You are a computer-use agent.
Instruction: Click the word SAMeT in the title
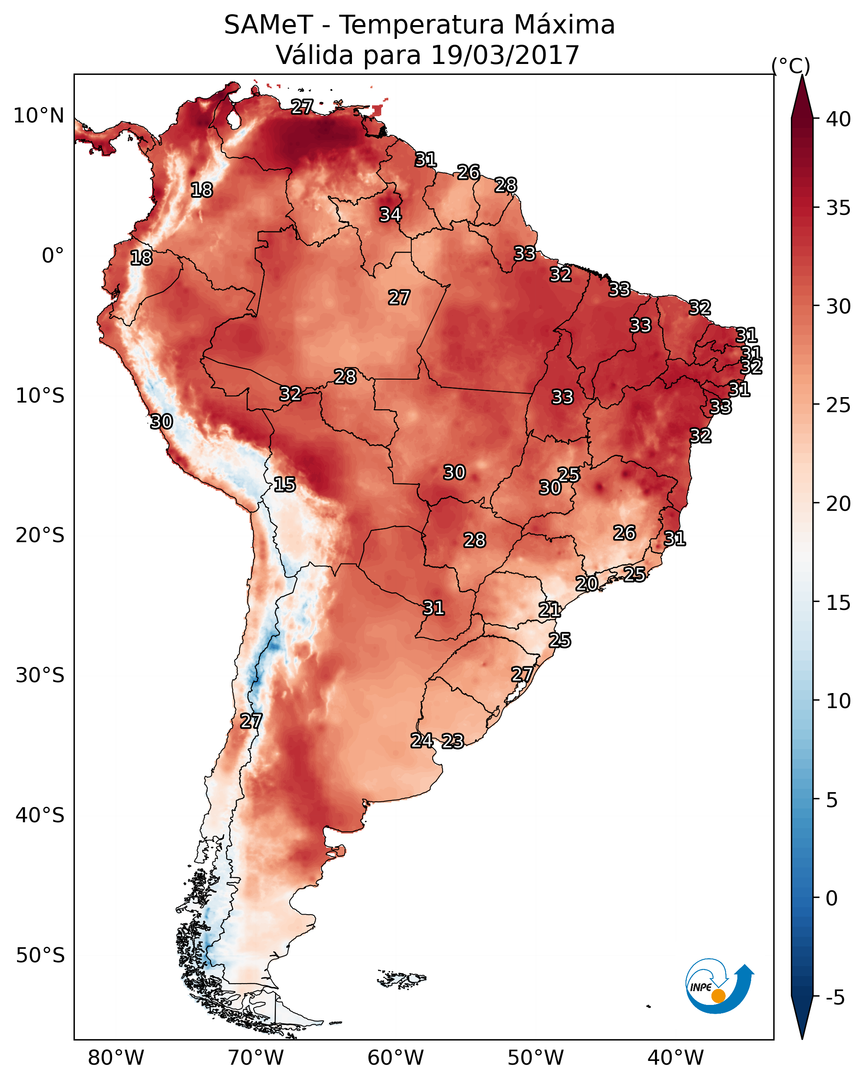coord(268,25)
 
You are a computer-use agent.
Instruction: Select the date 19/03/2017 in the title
coord(505,55)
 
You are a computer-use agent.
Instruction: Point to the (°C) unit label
coord(790,66)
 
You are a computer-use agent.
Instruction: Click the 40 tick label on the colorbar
coord(839,119)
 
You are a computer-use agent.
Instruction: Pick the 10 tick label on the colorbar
coord(839,701)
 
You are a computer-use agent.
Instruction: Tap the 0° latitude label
coord(53,256)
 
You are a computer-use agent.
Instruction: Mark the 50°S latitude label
coord(40,956)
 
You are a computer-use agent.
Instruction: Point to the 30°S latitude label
coord(40,676)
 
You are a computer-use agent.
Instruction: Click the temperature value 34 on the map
coord(390,214)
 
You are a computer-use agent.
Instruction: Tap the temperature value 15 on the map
coord(285,484)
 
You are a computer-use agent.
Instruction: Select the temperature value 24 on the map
coord(422,741)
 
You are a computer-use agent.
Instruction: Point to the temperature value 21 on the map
coord(550,610)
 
